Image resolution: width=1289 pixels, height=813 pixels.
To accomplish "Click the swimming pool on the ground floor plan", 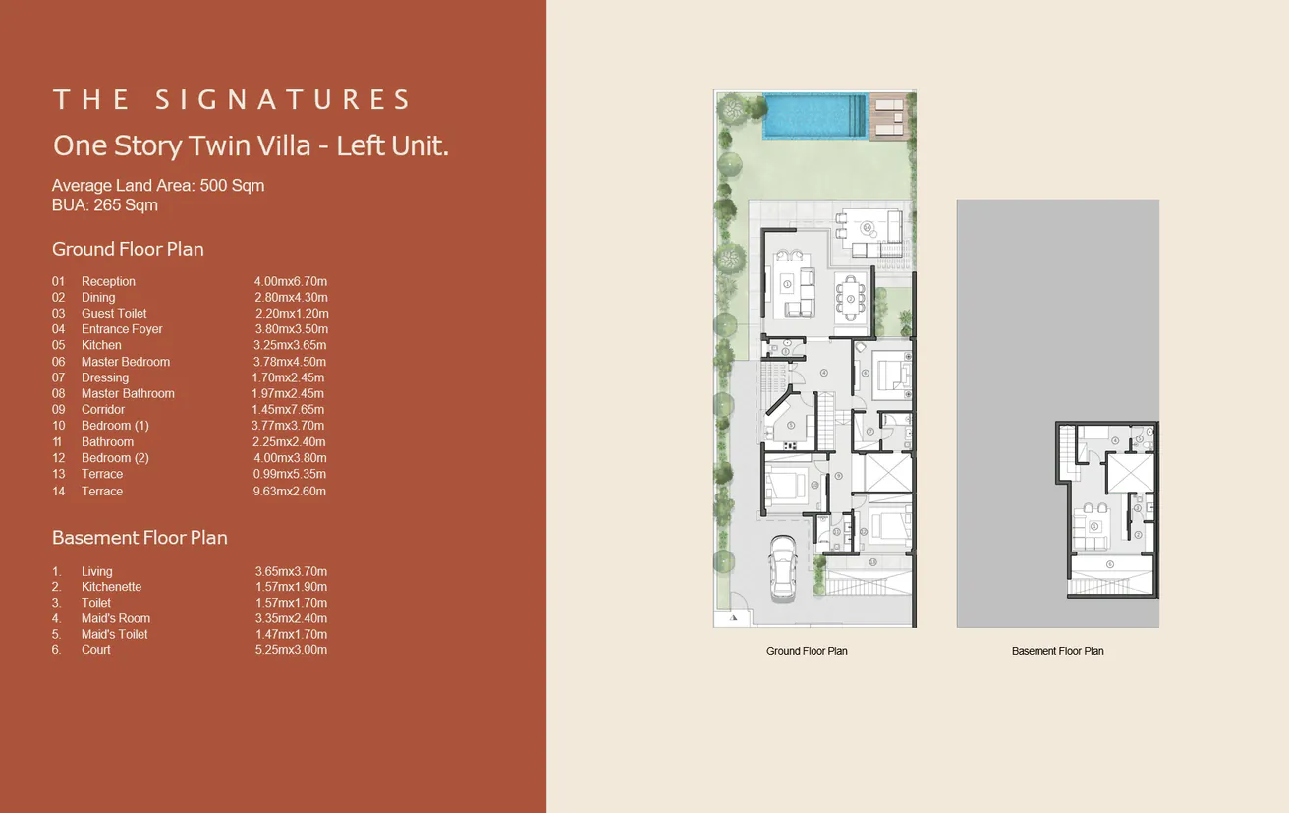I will [x=813, y=115].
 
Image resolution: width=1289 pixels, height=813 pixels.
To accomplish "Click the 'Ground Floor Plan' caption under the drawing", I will [x=807, y=651].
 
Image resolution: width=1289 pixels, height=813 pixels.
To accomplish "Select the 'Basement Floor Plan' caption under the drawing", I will [x=1057, y=651].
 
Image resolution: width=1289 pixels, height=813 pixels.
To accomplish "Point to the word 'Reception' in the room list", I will [x=108, y=281].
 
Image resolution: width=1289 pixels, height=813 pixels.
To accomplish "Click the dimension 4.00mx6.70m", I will [x=290, y=281].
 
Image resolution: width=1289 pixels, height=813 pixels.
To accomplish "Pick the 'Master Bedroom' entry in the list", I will [x=126, y=362].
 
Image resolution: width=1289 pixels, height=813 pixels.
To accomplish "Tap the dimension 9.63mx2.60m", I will [x=289, y=491].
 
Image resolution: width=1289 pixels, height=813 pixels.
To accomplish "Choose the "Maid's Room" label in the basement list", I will [x=116, y=618].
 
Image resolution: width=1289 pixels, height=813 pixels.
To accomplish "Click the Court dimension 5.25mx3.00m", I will [x=291, y=650].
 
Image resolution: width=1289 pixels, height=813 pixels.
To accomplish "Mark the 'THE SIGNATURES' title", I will [x=232, y=99].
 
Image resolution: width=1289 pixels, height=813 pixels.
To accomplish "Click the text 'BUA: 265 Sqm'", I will [x=105, y=205].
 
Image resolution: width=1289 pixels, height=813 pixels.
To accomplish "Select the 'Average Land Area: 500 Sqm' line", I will [x=158, y=185].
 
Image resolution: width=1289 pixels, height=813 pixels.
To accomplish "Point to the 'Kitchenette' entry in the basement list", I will [x=111, y=587].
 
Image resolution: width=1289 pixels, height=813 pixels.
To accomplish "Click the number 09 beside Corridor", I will [x=59, y=409].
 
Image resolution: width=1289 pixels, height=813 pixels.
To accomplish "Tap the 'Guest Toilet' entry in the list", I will [x=114, y=314].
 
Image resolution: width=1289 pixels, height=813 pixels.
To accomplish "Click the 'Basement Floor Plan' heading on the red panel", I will [x=140, y=538].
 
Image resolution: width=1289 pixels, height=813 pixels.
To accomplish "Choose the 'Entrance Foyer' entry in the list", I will [x=122, y=329].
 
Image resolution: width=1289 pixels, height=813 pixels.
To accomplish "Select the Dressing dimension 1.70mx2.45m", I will [x=288, y=377].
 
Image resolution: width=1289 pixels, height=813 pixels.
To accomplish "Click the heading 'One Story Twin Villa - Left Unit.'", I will [x=251, y=146].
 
